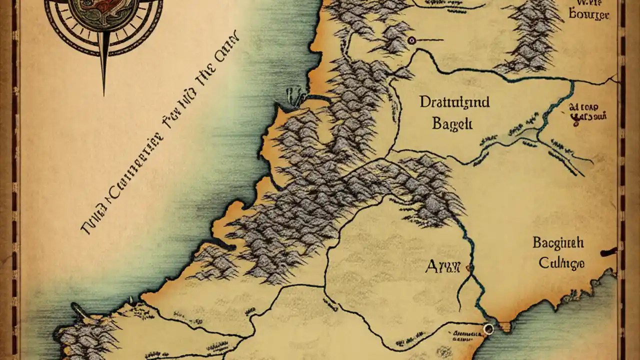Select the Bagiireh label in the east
[558, 243]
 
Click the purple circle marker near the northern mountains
[411, 40]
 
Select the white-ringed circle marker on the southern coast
[488, 328]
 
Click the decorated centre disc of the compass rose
[104, 10]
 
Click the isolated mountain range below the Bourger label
[534, 37]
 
